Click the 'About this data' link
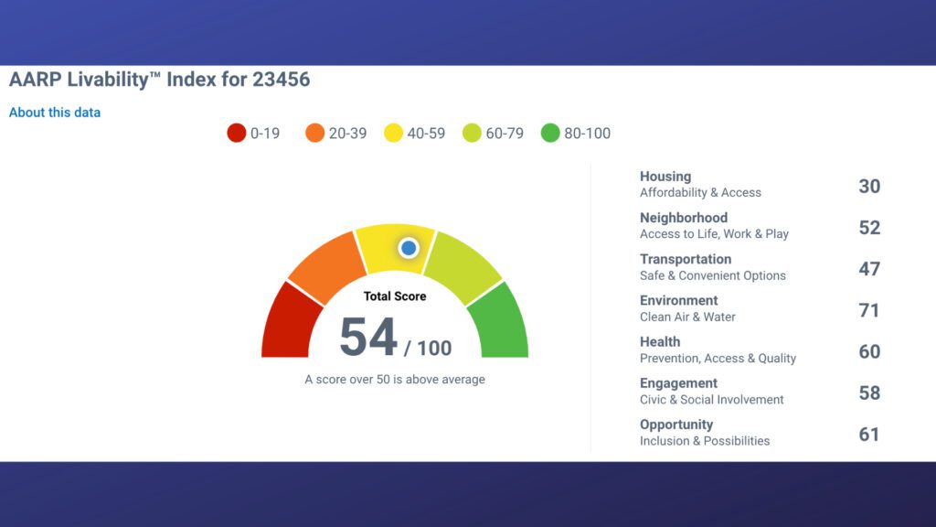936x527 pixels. point(55,113)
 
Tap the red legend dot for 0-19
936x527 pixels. point(237,133)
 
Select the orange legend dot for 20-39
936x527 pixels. point(315,133)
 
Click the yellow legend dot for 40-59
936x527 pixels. point(394,133)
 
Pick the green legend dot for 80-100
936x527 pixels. point(550,133)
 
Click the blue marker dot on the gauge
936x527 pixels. point(409,247)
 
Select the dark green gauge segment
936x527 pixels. point(500,322)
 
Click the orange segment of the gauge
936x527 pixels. point(324,265)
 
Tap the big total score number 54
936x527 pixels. point(368,338)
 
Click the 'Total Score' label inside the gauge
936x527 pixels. point(395,296)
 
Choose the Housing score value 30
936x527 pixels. point(869,186)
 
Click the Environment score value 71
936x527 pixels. point(869,310)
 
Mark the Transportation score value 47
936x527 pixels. point(869,269)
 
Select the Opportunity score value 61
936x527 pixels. point(869,434)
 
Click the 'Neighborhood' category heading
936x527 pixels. point(684,218)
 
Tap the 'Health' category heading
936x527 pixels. point(660,342)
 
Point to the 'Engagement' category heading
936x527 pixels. point(678,383)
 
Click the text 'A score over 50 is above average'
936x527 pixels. point(395,379)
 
